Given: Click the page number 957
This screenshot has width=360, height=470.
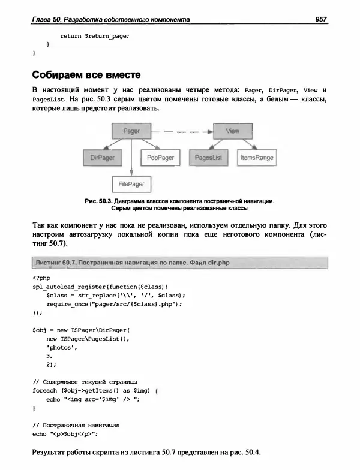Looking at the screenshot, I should pyautogui.click(x=320, y=19).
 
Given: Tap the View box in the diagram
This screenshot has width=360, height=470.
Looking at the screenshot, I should pyautogui.click(x=232, y=131).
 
